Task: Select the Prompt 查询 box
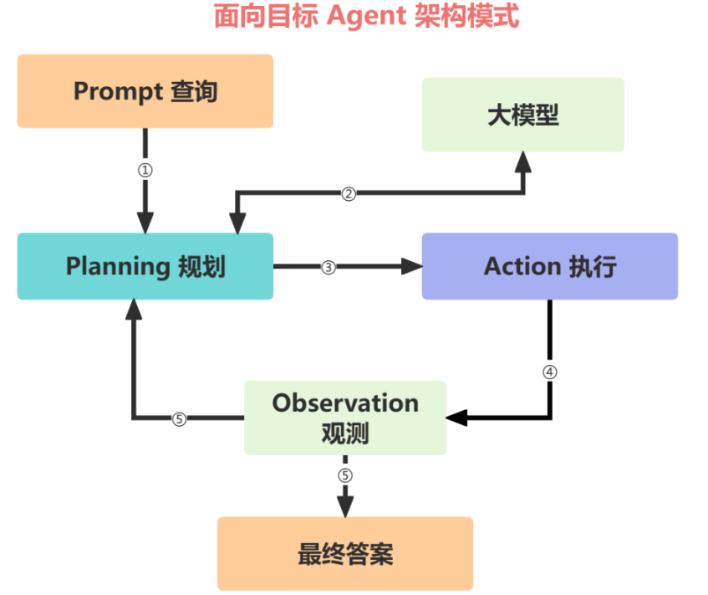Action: pos(145,91)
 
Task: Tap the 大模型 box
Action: pos(522,115)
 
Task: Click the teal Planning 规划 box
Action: pos(145,266)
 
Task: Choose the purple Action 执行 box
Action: pos(549,266)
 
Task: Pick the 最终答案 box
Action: pos(344,554)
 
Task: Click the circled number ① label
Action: pos(145,169)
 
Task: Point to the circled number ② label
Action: pos(349,193)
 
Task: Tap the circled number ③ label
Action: pos(329,267)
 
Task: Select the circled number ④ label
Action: pos(549,372)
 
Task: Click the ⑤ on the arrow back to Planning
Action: pos(179,419)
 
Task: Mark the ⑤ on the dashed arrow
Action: pos(345,475)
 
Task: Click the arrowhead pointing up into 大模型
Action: pos(523,162)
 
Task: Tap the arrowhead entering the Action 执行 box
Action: pos(412,267)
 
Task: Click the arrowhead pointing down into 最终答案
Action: pos(345,505)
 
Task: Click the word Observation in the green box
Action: pos(345,403)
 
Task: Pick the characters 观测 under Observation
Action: pos(345,433)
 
